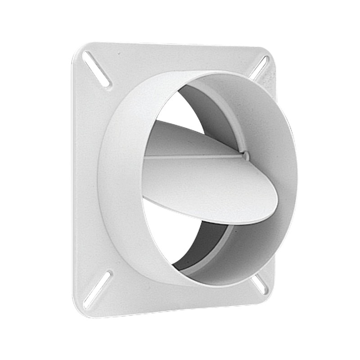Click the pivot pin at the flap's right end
click(x=245, y=156)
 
